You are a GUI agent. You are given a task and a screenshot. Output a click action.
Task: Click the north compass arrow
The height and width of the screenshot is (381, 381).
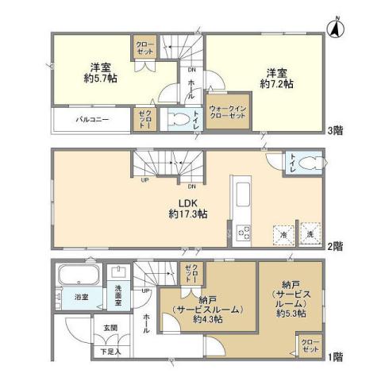tap(336, 29)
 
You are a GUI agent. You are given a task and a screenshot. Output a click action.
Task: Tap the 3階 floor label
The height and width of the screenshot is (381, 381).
tap(336, 131)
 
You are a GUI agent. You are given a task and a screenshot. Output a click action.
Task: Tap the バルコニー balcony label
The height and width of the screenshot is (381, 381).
tap(92, 121)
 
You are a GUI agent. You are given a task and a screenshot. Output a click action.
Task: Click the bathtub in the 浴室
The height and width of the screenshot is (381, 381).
tap(77, 279)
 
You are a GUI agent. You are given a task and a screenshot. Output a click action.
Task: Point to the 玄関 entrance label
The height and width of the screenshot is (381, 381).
tap(109, 327)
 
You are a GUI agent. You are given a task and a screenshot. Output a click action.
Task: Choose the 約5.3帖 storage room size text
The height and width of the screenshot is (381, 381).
tap(291, 312)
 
